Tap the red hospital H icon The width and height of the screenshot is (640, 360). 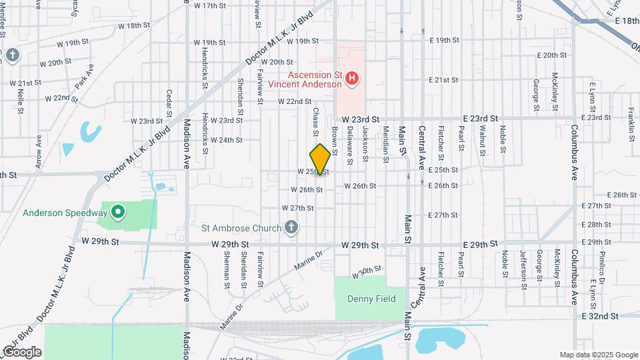click(x=353, y=80)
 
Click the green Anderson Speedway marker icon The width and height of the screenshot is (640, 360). click(x=119, y=213)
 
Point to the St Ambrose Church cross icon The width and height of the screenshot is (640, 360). click(x=291, y=228)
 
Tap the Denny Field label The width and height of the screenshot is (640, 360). click(x=371, y=299)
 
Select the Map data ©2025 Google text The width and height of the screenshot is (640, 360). click(x=598, y=355)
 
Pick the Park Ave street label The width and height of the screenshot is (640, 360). click(x=85, y=77)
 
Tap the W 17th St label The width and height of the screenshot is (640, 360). click(x=209, y=5)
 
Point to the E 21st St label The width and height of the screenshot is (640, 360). click(x=448, y=79)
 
